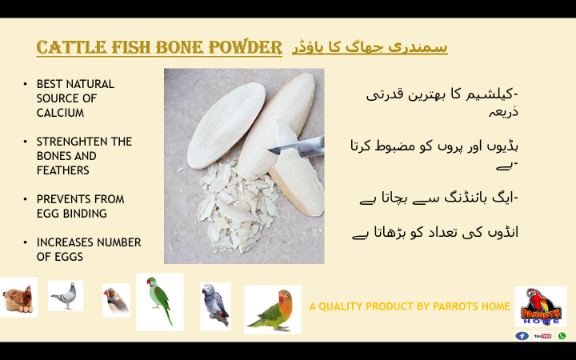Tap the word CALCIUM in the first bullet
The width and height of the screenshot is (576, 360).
60,113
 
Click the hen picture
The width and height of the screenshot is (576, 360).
18,298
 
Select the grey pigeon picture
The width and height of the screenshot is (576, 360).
66,296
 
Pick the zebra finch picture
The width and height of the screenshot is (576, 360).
116,300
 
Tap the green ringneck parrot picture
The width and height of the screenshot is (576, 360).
159,302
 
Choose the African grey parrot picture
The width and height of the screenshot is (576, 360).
215,306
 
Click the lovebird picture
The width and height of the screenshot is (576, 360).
272,309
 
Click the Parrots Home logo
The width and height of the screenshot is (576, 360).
541,306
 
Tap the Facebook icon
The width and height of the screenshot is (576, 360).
522,336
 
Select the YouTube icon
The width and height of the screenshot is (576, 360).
542,336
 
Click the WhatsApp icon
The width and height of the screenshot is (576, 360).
562,336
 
